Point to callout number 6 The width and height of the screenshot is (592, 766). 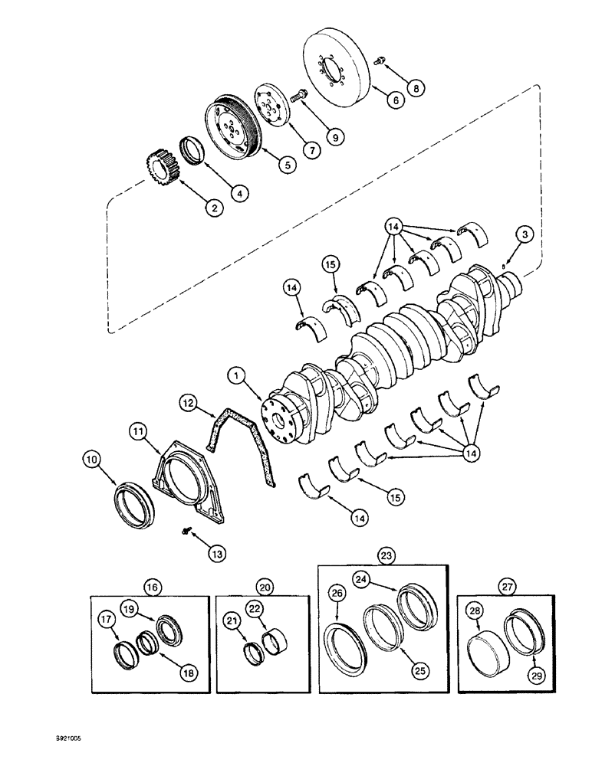(395, 99)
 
